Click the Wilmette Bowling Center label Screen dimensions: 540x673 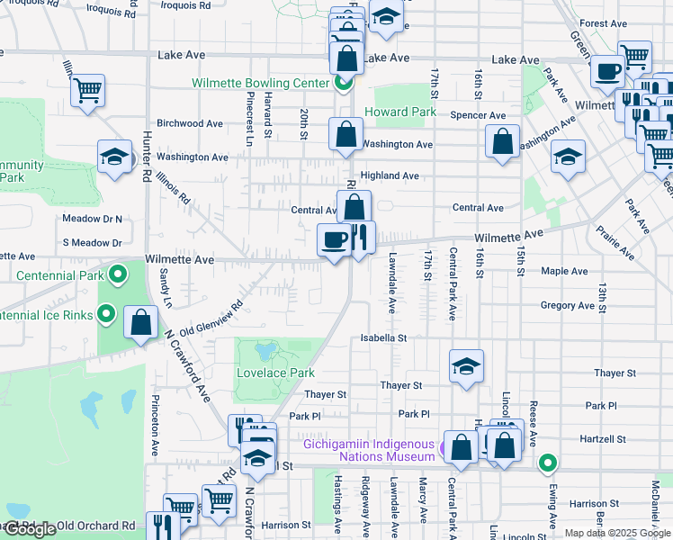pos(259,84)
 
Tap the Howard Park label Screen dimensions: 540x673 pos(400,112)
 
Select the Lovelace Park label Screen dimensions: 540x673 pos(275,373)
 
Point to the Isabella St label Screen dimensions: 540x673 pos(384,338)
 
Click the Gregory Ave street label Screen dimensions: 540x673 pos(568,306)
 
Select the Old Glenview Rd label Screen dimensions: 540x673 pos(212,319)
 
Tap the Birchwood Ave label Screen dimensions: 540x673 pos(190,123)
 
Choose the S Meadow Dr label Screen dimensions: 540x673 pos(92,243)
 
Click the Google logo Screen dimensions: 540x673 pos(30,529)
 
